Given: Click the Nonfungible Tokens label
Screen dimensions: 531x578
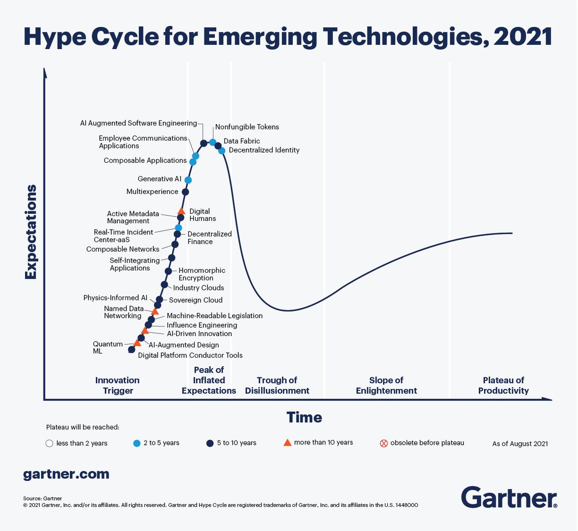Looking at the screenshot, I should coord(247,127).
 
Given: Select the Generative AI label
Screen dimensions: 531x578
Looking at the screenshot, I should coord(159,179).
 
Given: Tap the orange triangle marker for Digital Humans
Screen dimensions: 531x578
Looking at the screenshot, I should coord(181,211).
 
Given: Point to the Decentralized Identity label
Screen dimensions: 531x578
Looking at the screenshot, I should coord(264,150).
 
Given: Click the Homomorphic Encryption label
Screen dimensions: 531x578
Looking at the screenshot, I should coord(201,274).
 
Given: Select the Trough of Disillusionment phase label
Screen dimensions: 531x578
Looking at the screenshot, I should coord(277,386).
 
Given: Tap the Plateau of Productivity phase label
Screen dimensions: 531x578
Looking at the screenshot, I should coord(503,386).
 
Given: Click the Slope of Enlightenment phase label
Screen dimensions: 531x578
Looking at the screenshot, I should coord(386,386).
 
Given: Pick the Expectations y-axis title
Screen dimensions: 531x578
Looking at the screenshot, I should coord(31,232).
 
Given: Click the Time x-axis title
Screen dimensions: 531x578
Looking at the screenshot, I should coord(304,417).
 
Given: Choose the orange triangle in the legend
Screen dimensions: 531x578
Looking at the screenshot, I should coord(287,442).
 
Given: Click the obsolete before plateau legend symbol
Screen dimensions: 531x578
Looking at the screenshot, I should coord(384,443).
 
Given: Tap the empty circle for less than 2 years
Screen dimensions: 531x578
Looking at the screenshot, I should coord(49,443).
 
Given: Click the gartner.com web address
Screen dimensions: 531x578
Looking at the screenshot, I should coord(66,474).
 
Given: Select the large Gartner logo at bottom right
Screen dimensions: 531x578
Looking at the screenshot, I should coord(509,497).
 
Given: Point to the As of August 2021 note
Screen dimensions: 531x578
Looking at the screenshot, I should coord(520,444).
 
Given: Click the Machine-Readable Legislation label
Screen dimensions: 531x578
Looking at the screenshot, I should coord(214,316).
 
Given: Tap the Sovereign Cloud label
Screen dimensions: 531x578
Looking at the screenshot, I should coord(196,300).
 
